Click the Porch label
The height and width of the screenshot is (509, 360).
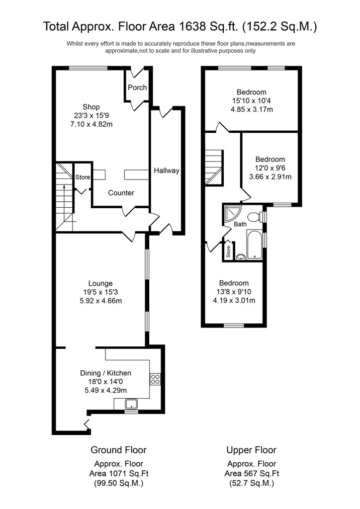pyautogui.click(x=137, y=87)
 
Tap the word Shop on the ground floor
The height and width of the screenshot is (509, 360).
pyautogui.click(x=91, y=107)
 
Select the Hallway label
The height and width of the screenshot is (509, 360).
pyautogui.click(x=167, y=170)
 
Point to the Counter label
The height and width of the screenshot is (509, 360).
pyautogui.click(x=121, y=193)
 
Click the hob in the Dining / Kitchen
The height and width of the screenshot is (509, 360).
pyautogui.click(x=155, y=379)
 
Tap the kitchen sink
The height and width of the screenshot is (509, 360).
pyautogui.click(x=131, y=404)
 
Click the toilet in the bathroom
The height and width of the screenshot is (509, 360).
pyautogui.click(x=256, y=217)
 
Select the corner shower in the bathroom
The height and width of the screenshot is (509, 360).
pyautogui.click(x=232, y=215)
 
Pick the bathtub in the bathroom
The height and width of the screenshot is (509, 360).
pyautogui.click(x=255, y=245)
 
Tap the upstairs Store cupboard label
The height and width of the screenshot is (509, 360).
pyautogui.click(x=228, y=252)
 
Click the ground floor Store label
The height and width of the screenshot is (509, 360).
pyautogui.click(x=83, y=177)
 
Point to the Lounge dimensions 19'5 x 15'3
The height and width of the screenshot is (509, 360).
pyautogui.click(x=100, y=292)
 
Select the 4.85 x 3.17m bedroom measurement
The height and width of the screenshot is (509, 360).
pyautogui.click(x=252, y=109)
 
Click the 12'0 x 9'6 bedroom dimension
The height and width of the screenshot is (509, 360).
pyautogui.click(x=270, y=168)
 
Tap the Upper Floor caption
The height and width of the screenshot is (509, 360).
pyautogui.click(x=251, y=450)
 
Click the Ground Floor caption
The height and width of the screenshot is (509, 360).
pyautogui.click(x=118, y=450)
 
